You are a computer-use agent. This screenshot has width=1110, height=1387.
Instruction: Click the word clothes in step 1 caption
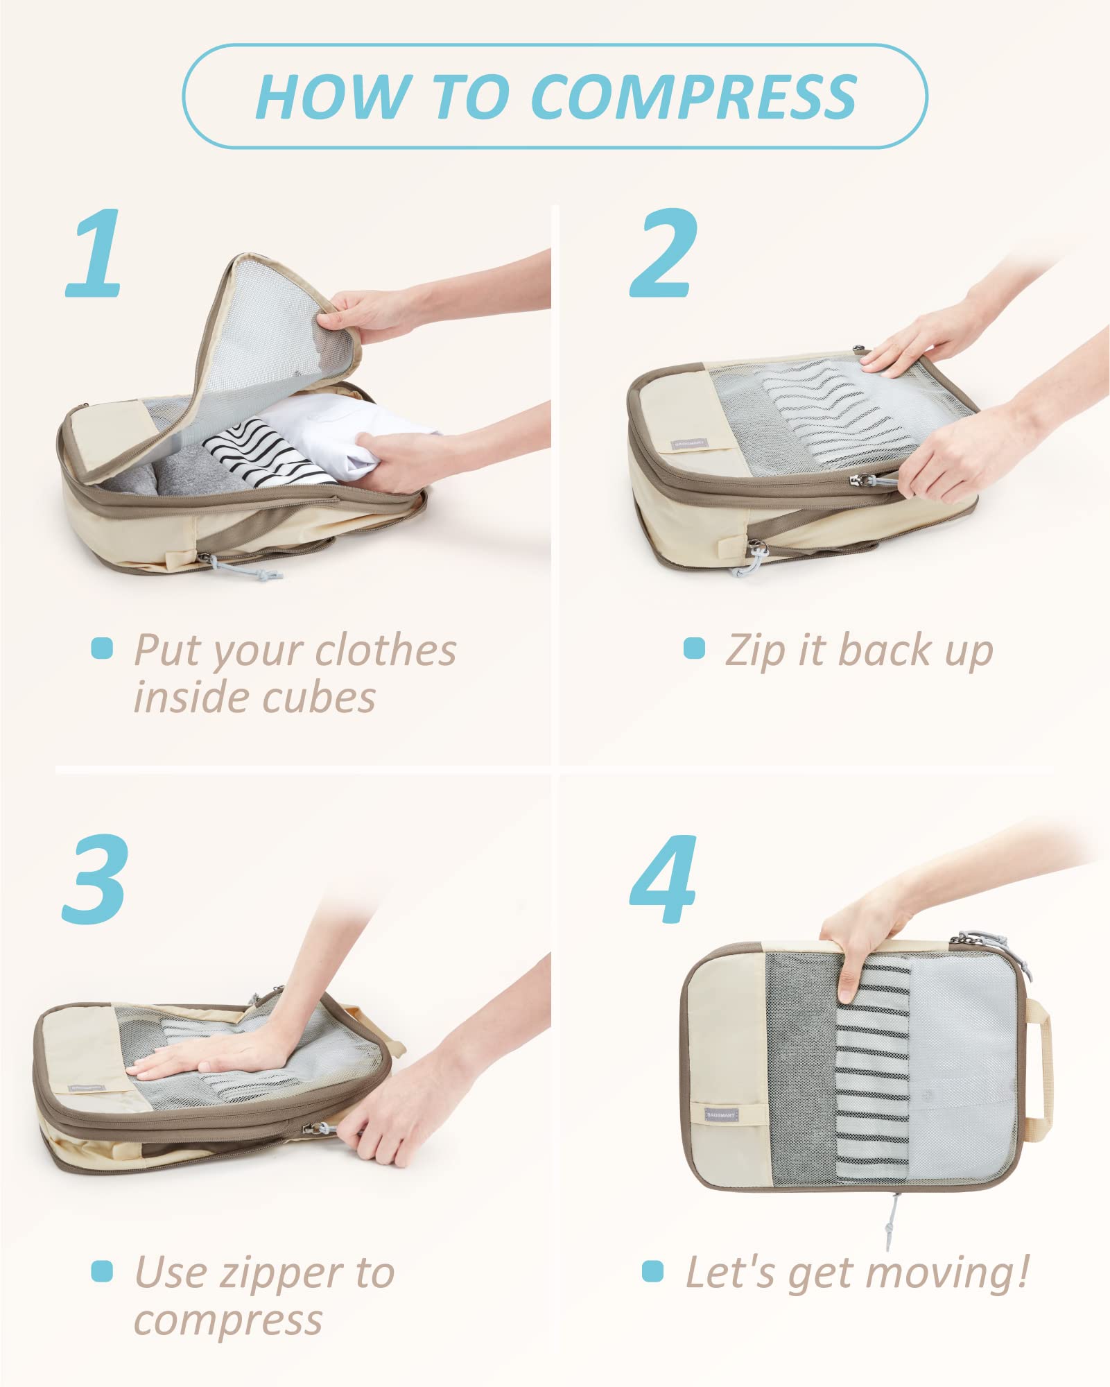[x=385, y=651]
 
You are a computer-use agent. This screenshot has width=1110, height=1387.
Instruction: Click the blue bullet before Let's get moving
[x=652, y=1271]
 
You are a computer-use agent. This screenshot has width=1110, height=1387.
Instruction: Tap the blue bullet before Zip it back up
[x=693, y=648]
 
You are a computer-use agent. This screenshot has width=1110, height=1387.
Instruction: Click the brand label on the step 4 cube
[x=721, y=1114]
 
